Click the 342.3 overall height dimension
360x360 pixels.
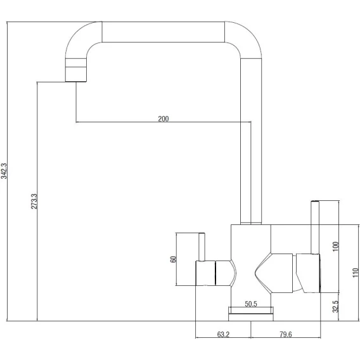point(4,171)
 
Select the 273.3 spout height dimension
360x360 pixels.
point(34,202)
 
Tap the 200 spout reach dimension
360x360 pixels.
point(164,119)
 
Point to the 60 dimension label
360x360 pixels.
point(173,259)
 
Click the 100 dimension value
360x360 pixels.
point(335,247)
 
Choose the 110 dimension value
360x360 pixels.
point(355,273)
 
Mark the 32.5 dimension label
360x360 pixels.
point(335,307)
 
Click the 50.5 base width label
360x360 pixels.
point(251,304)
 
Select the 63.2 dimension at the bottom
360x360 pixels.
point(223,334)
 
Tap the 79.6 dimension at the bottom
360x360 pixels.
point(286,334)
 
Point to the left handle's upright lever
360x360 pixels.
point(202,247)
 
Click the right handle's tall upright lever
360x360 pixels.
point(315,228)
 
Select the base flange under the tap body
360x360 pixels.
point(251,314)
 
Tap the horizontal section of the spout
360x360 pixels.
point(163,32)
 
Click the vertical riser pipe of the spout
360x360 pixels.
point(251,141)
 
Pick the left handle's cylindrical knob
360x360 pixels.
point(205,273)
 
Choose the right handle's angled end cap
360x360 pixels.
point(308,273)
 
